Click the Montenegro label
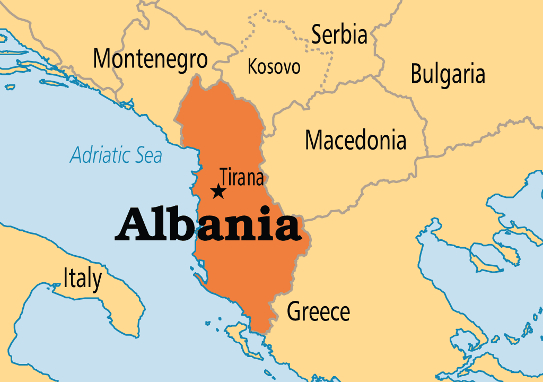click(x=150, y=58)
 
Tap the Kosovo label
click(x=274, y=67)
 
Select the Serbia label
click(x=339, y=35)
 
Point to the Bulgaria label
click(x=448, y=75)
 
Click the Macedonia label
click(x=355, y=140)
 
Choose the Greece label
click(x=318, y=311)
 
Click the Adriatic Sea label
click(x=116, y=155)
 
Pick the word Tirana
click(x=242, y=177)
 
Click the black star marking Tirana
click(x=217, y=191)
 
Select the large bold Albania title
click(x=208, y=225)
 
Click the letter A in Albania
click(x=131, y=225)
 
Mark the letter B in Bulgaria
click(x=417, y=75)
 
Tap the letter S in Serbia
click(x=317, y=35)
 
